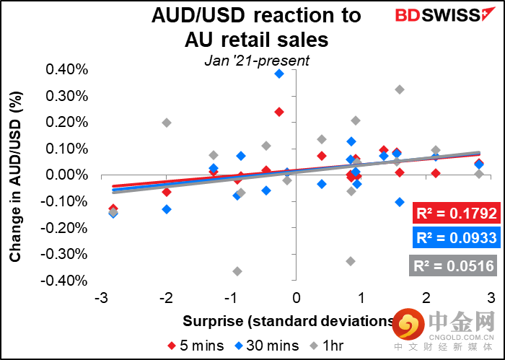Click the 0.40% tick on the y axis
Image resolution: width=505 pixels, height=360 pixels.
[67, 70]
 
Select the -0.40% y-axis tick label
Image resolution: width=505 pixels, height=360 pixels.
[66, 280]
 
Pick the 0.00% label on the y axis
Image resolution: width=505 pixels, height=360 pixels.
[67, 175]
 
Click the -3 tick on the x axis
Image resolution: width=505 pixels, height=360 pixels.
[100, 298]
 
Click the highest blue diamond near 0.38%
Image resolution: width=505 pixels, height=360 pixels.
[279, 74]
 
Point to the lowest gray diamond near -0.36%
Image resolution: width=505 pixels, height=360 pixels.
[237, 271]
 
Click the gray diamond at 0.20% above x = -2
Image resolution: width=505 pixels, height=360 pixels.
[167, 123]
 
